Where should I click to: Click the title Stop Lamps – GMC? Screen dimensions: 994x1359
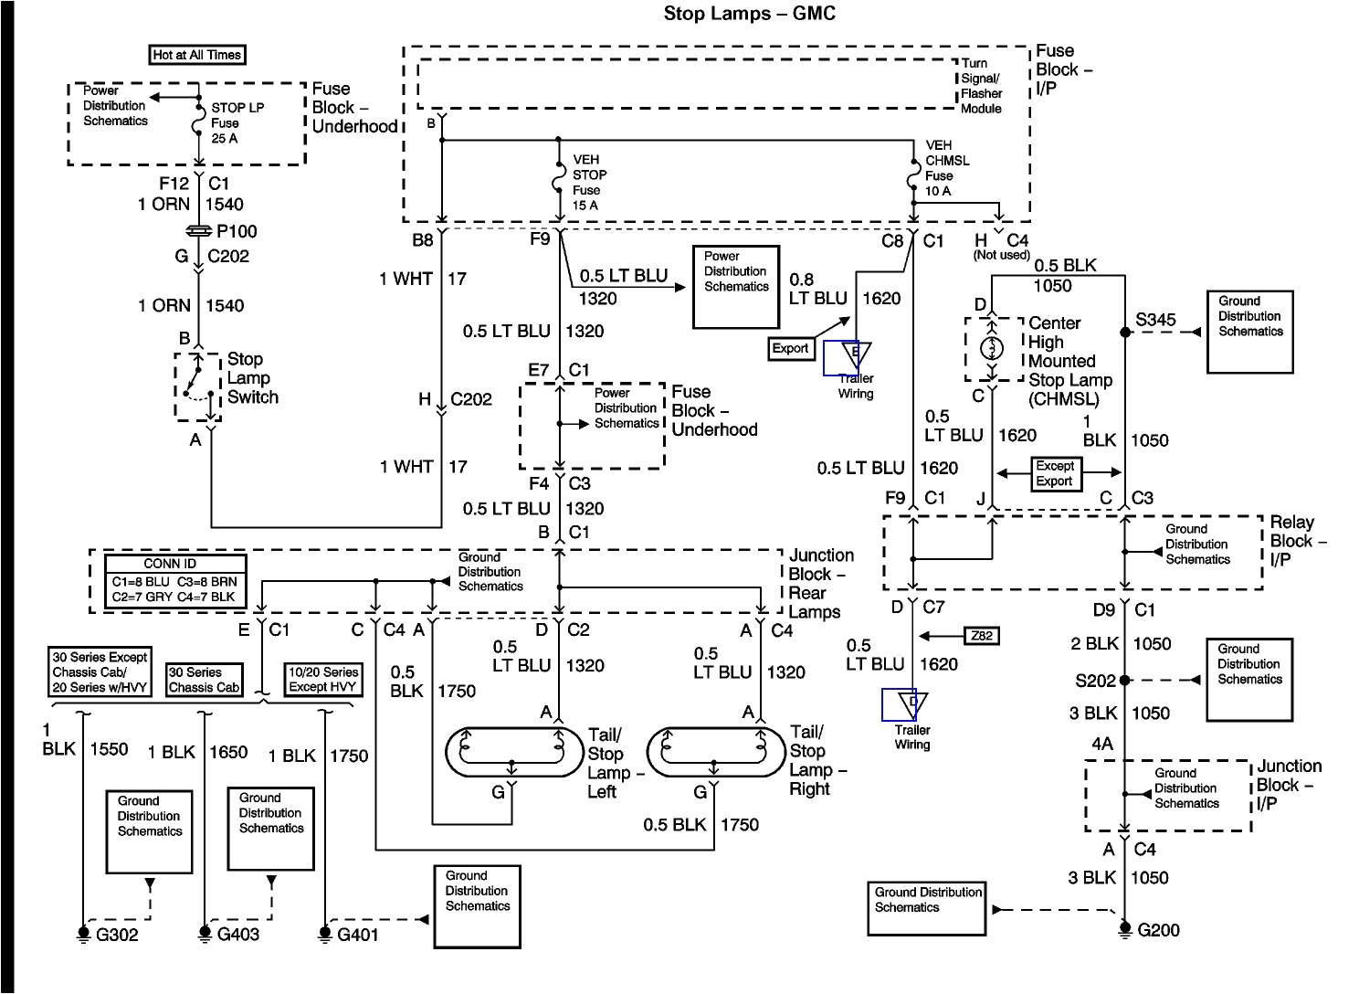click(x=749, y=14)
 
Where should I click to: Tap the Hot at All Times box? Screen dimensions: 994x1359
click(x=197, y=55)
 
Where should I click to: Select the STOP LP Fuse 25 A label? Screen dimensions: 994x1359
click(x=237, y=122)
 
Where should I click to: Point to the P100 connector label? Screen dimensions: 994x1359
click(x=237, y=231)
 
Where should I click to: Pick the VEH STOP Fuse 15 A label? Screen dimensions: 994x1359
click(x=589, y=182)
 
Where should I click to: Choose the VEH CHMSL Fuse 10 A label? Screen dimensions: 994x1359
click(x=947, y=168)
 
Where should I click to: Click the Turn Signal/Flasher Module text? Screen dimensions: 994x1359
click(x=981, y=86)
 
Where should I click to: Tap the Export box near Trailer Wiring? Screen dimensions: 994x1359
click(x=790, y=348)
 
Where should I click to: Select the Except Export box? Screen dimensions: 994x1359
click(x=1054, y=473)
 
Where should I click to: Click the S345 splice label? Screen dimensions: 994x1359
click(x=1155, y=320)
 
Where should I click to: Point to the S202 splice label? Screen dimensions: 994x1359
click(x=1095, y=680)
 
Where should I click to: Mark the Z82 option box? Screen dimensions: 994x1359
click(x=982, y=635)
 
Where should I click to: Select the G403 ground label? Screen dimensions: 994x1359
click(x=237, y=935)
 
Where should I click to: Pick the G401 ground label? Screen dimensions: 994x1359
click(x=357, y=935)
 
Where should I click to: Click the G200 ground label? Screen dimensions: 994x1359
click(x=1158, y=930)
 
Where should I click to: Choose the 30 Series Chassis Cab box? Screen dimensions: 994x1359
click(x=205, y=680)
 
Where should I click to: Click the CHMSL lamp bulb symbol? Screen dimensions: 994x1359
click(x=992, y=348)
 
